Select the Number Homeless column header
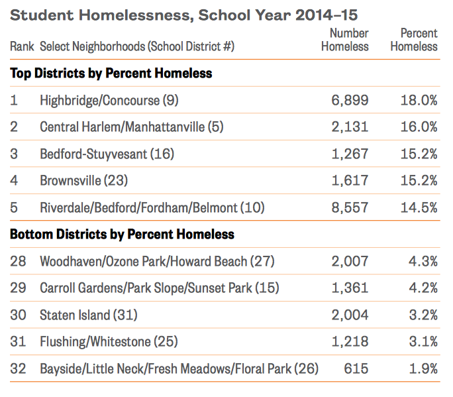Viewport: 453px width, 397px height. [x=344, y=40]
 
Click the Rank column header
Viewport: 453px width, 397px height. [x=22, y=47]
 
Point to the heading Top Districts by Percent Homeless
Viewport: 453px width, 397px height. [x=111, y=73]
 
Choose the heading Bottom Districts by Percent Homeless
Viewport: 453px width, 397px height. [x=123, y=234]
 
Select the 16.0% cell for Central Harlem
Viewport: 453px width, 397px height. [x=419, y=127]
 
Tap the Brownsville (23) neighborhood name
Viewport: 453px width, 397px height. [x=83, y=180]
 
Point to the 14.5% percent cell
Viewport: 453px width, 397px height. [x=419, y=207]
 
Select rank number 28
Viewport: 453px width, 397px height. [x=19, y=261]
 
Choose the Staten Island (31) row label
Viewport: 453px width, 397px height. [x=88, y=315]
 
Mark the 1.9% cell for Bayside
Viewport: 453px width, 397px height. [x=422, y=369]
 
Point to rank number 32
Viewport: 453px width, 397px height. [x=19, y=369]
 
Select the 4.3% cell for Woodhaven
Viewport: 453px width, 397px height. [x=422, y=261]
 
